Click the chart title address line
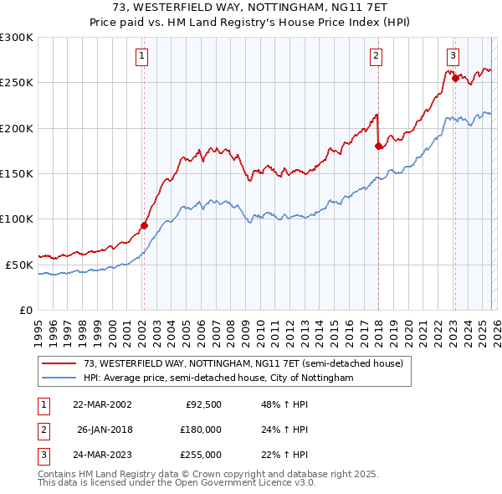[x=250, y=7]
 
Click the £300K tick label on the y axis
[x=17, y=38]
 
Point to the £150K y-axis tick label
[x=17, y=173]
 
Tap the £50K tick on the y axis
[x=19, y=265]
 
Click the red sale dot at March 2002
[x=144, y=225]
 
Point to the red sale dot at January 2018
[x=378, y=146]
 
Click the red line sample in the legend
[x=59, y=363]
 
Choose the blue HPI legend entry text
[x=218, y=378]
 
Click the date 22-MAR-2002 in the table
[x=102, y=404]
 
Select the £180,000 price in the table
[x=201, y=430]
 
